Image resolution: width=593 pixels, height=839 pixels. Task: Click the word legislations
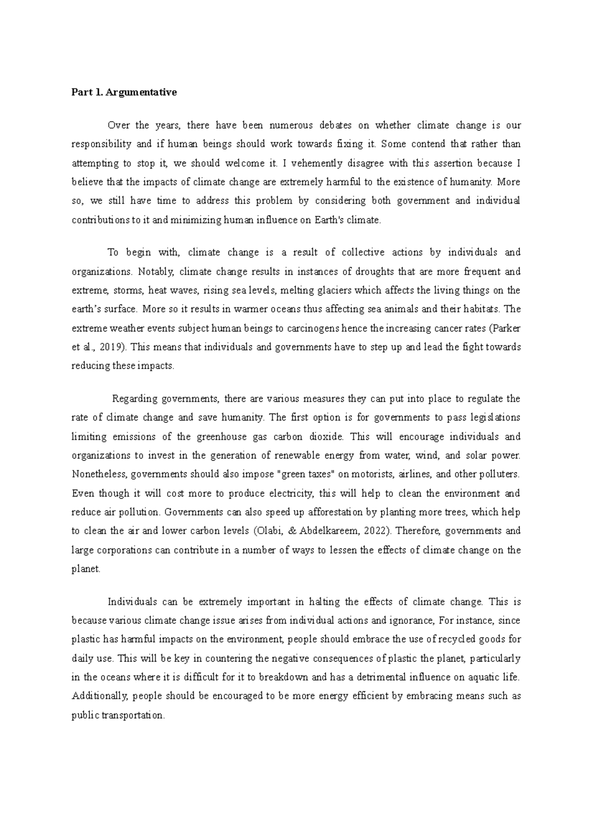pos(490,418)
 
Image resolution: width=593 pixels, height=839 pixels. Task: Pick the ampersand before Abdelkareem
pos(291,531)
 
